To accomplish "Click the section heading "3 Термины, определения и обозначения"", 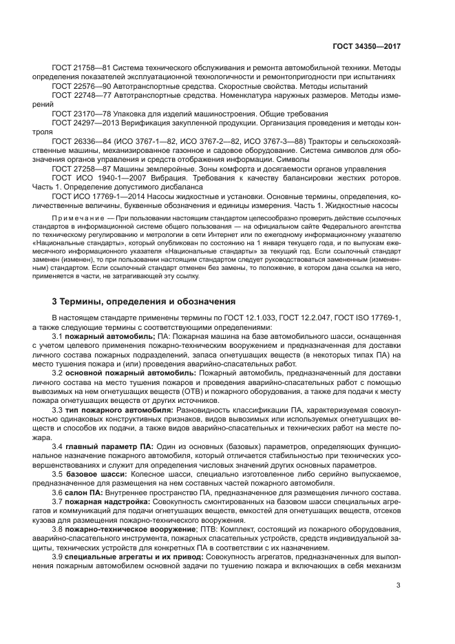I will (144, 301).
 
